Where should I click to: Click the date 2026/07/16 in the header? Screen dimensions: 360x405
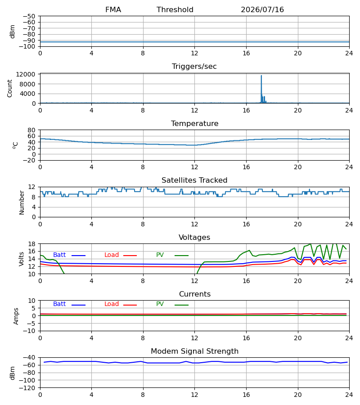(262, 10)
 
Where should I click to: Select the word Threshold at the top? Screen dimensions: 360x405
(175, 10)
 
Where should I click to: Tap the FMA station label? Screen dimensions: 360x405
(113, 10)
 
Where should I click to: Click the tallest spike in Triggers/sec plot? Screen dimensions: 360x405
(261, 76)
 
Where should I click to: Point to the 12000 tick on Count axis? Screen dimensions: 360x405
(26, 74)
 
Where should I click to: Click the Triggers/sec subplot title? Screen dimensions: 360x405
(194, 67)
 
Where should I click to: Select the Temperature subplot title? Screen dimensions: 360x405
(194, 123)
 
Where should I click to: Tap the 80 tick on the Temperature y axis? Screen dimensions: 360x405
(32, 130)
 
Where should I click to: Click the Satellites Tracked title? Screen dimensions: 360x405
(194, 180)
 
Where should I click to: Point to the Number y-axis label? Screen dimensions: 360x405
(22, 202)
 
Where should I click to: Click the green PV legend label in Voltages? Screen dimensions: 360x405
(160, 255)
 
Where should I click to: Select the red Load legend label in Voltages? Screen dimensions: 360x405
(112, 255)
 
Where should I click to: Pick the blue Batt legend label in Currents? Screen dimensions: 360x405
(59, 304)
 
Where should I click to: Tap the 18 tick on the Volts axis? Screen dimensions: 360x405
(32, 244)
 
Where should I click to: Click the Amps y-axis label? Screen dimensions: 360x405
(16, 316)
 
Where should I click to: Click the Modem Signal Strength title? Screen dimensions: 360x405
(194, 351)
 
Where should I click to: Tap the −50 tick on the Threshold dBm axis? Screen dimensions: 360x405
(29, 16)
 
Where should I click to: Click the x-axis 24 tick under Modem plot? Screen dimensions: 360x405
(349, 395)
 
